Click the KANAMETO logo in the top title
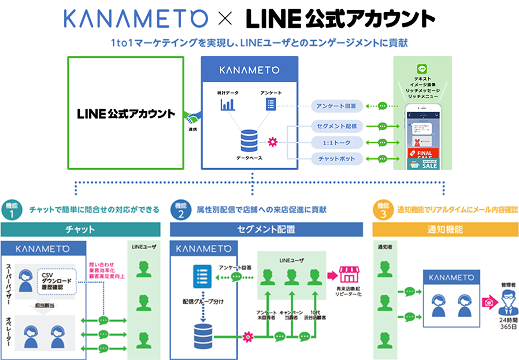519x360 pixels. click(x=135, y=18)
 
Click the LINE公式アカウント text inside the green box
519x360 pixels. click(x=126, y=114)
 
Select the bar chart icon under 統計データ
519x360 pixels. click(x=227, y=105)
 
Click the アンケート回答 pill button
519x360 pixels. click(x=337, y=106)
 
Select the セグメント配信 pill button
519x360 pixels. click(x=337, y=125)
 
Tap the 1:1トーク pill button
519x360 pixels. click(x=337, y=142)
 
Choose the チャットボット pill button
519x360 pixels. click(x=337, y=158)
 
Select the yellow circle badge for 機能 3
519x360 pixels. click(x=384, y=209)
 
